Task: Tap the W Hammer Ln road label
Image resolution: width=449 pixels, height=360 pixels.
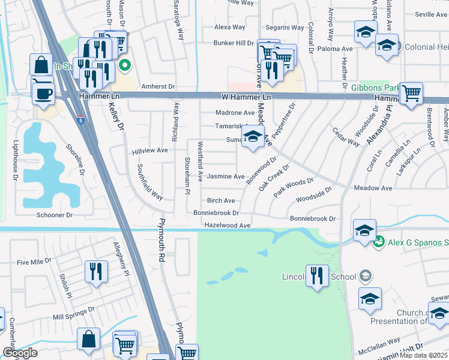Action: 246,97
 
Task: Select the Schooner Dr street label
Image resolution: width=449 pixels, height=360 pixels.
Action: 55,215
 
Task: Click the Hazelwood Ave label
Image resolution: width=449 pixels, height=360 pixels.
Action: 227,225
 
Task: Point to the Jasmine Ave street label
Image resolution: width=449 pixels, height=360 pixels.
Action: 226,176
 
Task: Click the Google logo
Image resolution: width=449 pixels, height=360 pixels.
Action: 20,353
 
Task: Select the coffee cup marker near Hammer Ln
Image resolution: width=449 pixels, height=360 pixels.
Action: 43,94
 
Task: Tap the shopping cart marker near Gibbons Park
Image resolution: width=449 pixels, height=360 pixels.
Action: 411,92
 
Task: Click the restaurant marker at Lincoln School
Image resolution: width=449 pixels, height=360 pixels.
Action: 318,275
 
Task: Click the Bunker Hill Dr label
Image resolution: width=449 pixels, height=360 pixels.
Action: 234,43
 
